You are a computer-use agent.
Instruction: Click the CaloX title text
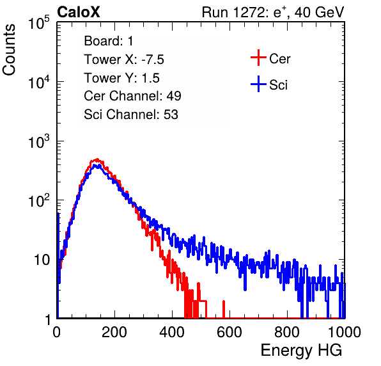78,12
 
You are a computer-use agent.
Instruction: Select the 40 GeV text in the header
319,12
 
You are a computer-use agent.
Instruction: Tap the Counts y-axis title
9,50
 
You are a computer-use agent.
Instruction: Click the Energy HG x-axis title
301,351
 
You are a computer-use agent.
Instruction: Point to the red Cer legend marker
258,58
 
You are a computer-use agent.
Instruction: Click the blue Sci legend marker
258,84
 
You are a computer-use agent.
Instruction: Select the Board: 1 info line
109,41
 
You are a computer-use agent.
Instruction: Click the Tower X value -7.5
153,60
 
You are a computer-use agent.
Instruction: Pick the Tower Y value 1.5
150,78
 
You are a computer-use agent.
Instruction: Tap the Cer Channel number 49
174,96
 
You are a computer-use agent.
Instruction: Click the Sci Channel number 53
171,115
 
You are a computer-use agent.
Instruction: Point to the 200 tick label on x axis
114,332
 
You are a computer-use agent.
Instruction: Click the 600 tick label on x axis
229,332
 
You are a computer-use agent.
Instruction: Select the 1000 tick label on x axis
345,332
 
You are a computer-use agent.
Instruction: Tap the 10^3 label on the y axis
39,141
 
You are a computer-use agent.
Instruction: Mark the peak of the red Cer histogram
97,159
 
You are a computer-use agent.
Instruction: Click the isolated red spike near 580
224,309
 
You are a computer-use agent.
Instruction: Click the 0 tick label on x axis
57,332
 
